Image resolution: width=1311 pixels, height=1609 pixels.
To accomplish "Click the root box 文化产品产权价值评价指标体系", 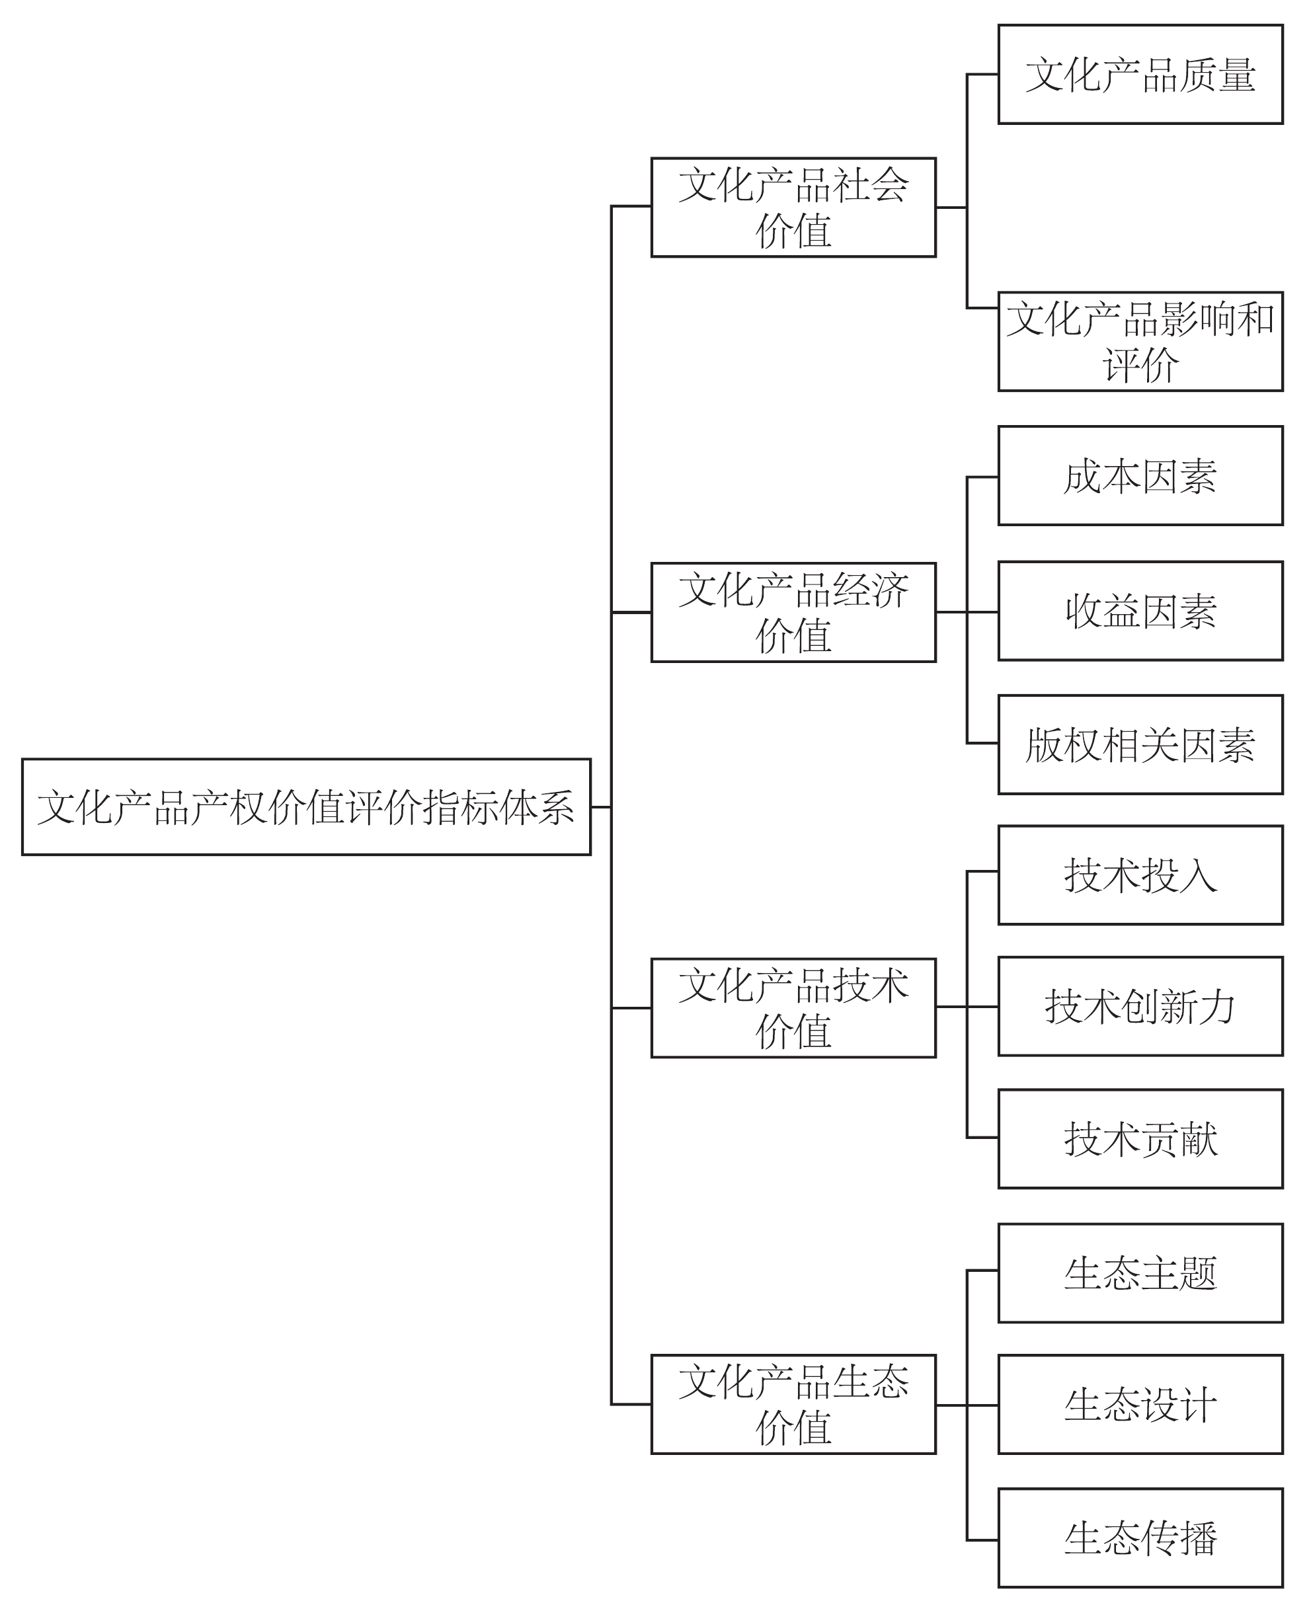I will click(x=306, y=806).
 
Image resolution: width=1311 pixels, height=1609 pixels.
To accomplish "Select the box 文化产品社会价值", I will click(x=793, y=207).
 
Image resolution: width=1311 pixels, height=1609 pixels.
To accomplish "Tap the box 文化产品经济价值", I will click(x=793, y=612).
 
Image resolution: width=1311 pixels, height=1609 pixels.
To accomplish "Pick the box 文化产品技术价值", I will click(x=793, y=1007).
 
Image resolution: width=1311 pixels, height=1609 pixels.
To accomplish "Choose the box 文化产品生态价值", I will click(x=793, y=1404).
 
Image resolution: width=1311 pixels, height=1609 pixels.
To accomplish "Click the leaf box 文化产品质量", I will click(x=1140, y=74).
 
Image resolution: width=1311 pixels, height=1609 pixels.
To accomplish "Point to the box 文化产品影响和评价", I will click(x=1140, y=341).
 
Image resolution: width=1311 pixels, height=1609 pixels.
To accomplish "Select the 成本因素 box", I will click(x=1140, y=476).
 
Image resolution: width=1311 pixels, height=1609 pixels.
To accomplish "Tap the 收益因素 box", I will click(x=1140, y=611).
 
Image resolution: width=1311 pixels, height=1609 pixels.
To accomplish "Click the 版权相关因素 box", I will click(x=1140, y=744).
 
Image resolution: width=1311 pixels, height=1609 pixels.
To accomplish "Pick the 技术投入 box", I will click(x=1140, y=875).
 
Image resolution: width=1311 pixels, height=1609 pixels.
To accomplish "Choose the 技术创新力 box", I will click(x=1140, y=1005).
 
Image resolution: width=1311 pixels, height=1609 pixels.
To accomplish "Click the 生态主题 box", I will click(x=1140, y=1273).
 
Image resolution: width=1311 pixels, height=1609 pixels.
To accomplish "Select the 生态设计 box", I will click(x=1140, y=1404).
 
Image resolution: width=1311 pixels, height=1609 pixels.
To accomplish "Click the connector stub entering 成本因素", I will click(x=982, y=477).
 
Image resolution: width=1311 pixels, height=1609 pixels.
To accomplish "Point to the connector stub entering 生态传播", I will click(x=982, y=1540).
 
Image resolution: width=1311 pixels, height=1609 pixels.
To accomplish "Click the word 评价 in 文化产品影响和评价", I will click(x=1140, y=366).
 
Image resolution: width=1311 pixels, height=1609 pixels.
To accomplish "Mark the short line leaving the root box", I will click(x=601, y=807).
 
